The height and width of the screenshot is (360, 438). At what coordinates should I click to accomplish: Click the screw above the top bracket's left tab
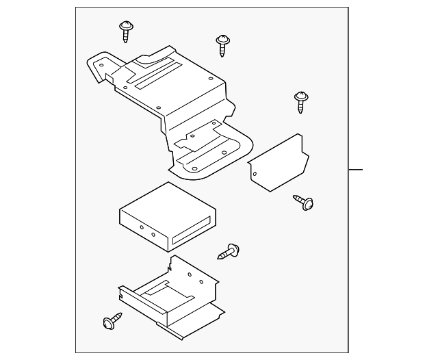(x=126, y=31)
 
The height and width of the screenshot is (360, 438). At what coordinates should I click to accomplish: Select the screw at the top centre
(x=221, y=45)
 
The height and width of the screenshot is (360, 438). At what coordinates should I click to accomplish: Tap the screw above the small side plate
(x=300, y=101)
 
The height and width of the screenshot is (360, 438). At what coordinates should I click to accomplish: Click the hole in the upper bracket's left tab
(x=101, y=66)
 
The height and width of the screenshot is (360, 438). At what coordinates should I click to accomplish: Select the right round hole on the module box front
(x=153, y=234)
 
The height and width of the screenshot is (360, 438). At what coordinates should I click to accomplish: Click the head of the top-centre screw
(x=221, y=40)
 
